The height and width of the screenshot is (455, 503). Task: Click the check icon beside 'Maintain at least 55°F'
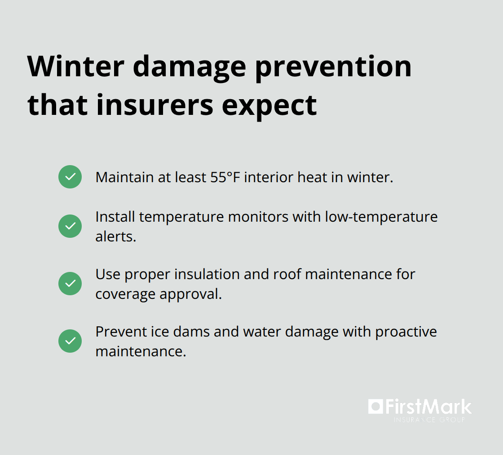tap(70, 177)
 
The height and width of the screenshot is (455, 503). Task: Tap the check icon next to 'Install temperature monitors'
tap(70, 226)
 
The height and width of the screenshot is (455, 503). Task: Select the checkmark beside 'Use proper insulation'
tap(70, 284)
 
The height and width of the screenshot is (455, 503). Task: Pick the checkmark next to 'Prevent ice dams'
tap(70, 341)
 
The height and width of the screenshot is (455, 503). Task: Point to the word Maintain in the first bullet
tap(124, 177)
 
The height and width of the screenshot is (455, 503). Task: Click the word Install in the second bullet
tap(115, 217)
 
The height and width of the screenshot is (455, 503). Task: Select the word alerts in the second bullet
tap(115, 236)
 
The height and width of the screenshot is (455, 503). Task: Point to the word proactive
tap(406, 332)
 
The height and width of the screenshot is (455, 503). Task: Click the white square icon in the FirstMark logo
tap(375, 407)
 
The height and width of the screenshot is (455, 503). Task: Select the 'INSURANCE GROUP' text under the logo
tap(429, 420)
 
